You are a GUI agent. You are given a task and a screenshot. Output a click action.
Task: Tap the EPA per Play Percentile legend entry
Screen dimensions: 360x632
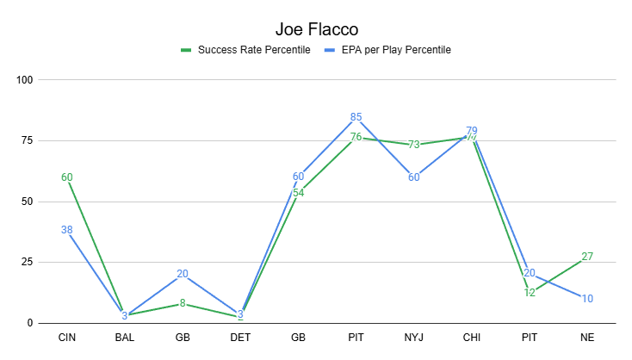[x=395, y=50]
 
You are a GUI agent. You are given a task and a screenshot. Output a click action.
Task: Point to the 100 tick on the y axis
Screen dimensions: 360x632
[x=24, y=80]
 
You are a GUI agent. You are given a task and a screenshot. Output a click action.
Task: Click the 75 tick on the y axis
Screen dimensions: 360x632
[x=27, y=141]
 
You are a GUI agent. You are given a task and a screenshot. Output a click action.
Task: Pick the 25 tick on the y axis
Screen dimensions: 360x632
[x=27, y=262]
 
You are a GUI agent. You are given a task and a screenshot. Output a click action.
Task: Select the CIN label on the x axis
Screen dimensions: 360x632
[x=66, y=337]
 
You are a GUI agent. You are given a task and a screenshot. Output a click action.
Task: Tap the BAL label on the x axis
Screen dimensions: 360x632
[x=124, y=337]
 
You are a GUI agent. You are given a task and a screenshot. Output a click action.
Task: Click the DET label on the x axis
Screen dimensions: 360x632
[x=240, y=337]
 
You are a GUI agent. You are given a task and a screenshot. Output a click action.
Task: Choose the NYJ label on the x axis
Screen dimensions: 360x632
[x=414, y=337]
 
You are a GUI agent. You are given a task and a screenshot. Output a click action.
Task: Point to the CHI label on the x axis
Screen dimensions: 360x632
[x=472, y=337]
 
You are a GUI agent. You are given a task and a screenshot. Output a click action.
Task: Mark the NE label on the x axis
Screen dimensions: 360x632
[x=587, y=337]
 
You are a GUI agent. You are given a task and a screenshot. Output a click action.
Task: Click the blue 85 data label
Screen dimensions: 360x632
[x=356, y=117]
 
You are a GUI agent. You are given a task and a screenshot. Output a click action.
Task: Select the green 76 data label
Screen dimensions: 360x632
[x=356, y=138]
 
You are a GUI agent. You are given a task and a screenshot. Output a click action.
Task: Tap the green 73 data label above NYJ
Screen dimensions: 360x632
[x=414, y=145]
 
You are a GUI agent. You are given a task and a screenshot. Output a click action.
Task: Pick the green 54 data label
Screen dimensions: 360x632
[x=298, y=192]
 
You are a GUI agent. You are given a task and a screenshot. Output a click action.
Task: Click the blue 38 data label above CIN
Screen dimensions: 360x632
[x=66, y=230]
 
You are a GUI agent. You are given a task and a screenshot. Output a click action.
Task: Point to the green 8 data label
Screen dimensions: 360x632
[x=183, y=303]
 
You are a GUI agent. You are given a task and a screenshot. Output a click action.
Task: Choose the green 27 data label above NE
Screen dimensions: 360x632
[x=587, y=257]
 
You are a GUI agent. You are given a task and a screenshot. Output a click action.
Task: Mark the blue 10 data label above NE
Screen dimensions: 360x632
[x=587, y=299]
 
